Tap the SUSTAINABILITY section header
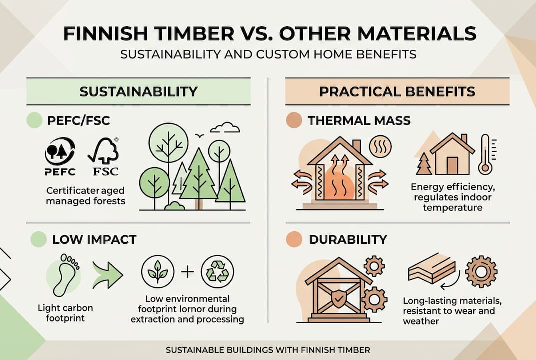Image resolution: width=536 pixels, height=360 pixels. [x=138, y=92]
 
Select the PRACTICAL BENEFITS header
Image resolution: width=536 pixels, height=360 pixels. [x=397, y=92]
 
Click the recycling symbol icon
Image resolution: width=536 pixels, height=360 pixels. [x=217, y=273]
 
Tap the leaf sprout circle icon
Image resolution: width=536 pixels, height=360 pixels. [x=158, y=273]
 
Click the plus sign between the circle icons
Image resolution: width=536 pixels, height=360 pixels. [x=187, y=273]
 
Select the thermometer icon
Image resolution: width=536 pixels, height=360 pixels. [x=485, y=154]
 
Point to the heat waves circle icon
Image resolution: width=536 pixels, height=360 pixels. [x=380, y=147]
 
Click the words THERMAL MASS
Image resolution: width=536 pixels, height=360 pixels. [x=359, y=120]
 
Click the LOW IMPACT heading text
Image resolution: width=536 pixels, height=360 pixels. [x=94, y=240]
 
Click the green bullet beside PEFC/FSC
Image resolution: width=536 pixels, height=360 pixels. [x=35, y=120]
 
